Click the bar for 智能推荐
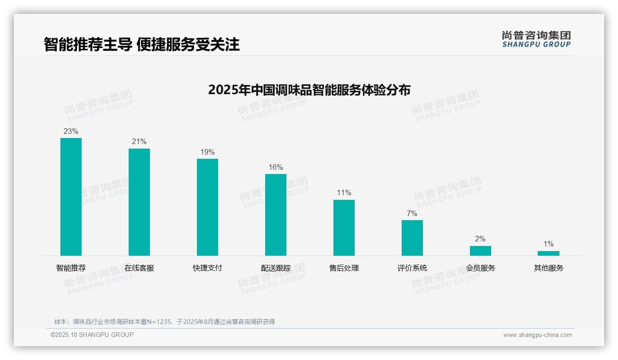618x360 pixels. [x=71, y=197]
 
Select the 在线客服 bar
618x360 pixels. [x=139, y=202]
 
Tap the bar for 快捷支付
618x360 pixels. [x=208, y=207]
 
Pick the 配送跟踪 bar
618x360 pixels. [x=276, y=215]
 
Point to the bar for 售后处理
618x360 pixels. [x=344, y=228]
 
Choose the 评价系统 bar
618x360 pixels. [x=412, y=238]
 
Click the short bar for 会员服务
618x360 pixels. [x=481, y=251]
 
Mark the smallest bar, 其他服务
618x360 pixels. [x=548, y=253]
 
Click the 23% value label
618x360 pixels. [x=71, y=132]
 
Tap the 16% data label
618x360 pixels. [x=276, y=168]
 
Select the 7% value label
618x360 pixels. [x=412, y=214]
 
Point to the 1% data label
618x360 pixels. [x=548, y=244]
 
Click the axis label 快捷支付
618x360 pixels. [x=208, y=268]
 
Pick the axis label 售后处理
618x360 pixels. [x=344, y=268]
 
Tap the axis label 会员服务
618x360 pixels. [x=481, y=268]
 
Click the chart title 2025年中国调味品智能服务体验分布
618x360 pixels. [x=309, y=90]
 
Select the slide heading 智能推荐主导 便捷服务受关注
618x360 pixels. [x=142, y=45]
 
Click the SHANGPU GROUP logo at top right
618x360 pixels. [x=536, y=39]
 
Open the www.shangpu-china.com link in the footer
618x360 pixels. [x=537, y=335]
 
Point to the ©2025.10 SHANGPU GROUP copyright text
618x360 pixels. [x=92, y=335]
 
